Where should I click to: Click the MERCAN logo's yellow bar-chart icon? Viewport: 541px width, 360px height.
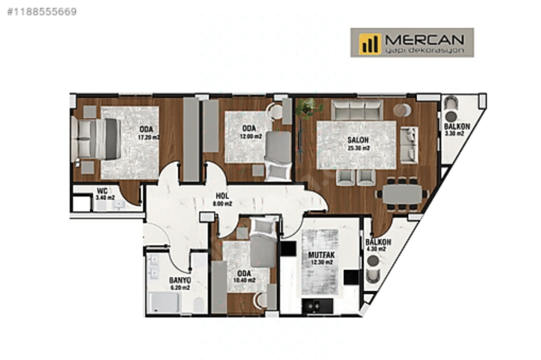[x=370, y=43]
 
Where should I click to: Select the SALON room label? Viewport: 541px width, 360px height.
[x=358, y=140]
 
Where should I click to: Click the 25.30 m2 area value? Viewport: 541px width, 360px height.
[x=358, y=148]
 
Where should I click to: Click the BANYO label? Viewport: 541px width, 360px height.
[x=180, y=280]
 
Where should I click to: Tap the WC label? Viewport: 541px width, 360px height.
[x=102, y=191]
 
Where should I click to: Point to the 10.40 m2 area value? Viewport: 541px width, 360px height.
[x=244, y=280]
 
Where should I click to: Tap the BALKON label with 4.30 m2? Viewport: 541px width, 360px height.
[x=378, y=242]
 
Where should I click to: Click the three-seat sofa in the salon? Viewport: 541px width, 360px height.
[x=357, y=110]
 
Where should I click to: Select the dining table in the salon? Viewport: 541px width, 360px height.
[x=403, y=193]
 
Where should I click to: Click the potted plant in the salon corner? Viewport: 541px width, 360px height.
[x=309, y=108]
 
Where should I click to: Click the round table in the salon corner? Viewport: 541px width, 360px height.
[x=403, y=110]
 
